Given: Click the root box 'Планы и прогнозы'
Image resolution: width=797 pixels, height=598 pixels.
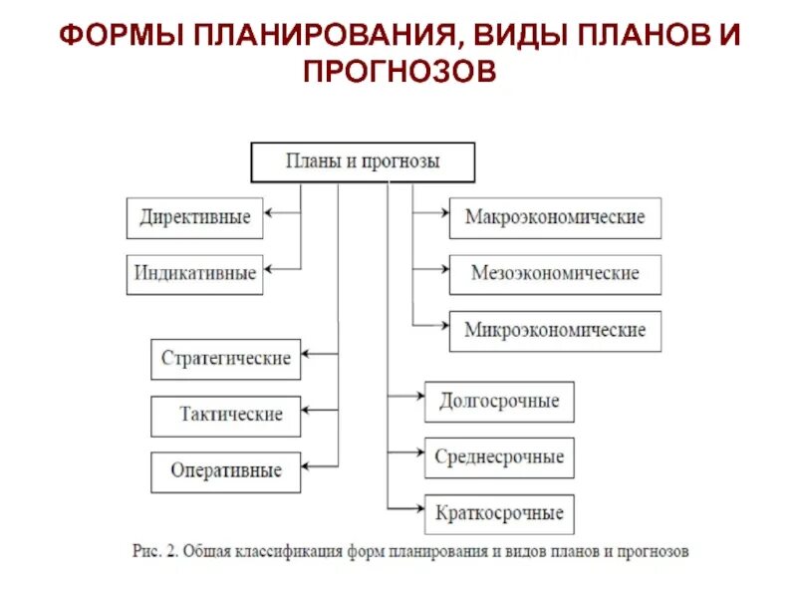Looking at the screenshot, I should [363, 161].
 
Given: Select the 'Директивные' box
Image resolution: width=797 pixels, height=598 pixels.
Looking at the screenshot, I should [195, 218].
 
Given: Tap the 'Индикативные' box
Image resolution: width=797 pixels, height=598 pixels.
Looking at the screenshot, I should [195, 273].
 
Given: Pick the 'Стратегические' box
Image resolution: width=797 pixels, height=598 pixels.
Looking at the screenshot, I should [226, 359].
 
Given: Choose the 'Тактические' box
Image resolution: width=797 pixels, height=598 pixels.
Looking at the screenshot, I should [231, 415].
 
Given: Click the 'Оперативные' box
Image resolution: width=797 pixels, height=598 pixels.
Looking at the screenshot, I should [226, 471].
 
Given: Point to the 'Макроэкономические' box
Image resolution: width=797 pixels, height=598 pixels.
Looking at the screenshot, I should [555, 217].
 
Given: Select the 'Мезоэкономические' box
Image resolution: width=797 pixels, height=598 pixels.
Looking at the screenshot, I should [555, 273].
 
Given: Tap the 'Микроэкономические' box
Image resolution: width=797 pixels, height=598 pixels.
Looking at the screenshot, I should [555, 330].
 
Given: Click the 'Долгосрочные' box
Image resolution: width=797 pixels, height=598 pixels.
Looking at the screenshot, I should [499, 402].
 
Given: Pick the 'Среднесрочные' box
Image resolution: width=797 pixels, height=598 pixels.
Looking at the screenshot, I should [499, 457].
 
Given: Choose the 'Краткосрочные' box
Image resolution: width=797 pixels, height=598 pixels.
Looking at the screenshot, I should [499, 514].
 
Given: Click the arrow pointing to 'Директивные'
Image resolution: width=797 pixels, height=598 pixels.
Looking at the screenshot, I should [283, 212].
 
